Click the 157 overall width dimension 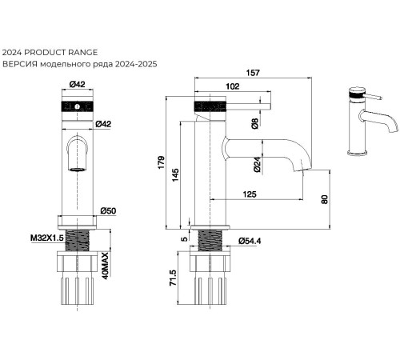(253, 73)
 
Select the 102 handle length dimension (233, 86)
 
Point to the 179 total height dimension (161, 162)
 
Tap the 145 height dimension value (175, 175)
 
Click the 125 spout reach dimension (250, 194)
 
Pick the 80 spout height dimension (324, 199)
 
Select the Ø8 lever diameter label (255, 123)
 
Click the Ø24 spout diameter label (257, 165)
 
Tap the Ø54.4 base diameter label (250, 241)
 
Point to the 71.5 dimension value (173, 278)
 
